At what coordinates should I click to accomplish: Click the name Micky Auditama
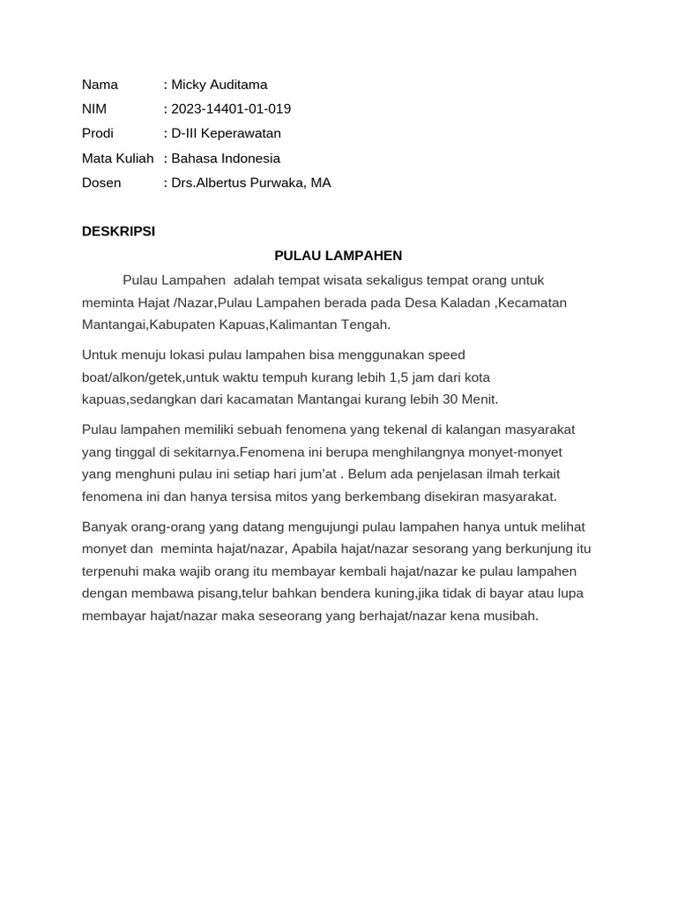(x=219, y=85)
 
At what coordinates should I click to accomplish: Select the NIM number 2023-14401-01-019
(x=231, y=109)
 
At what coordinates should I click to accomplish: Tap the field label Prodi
(x=98, y=134)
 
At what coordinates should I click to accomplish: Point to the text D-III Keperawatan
(x=226, y=134)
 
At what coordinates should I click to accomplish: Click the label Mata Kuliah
(x=117, y=159)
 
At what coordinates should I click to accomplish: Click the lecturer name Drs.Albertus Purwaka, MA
(x=251, y=183)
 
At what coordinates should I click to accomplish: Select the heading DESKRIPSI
(x=118, y=231)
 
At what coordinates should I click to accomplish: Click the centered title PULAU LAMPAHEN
(x=338, y=256)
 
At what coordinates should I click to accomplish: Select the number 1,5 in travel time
(x=400, y=377)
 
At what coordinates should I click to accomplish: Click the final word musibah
(x=509, y=616)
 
